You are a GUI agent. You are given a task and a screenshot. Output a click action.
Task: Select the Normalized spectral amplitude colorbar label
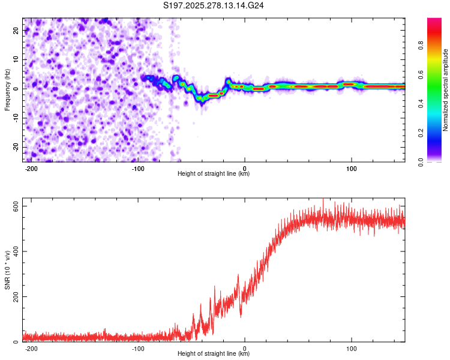(x=446, y=90)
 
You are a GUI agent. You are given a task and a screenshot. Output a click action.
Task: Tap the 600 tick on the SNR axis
(x=13, y=205)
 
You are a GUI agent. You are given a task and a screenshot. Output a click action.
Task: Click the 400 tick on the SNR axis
(x=13, y=251)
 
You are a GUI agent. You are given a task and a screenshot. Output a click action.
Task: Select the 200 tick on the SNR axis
(x=13, y=296)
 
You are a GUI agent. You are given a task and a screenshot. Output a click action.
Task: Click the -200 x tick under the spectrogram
(x=32, y=168)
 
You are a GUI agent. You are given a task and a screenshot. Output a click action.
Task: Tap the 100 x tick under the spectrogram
(x=352, y=168)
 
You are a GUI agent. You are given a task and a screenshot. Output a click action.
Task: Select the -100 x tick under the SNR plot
(x=138, y=348)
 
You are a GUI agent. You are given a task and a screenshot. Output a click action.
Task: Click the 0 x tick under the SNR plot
(x=245, y=348)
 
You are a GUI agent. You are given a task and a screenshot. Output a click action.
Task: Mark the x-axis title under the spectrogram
(x=214, y=174)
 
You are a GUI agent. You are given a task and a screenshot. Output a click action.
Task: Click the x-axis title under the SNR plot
(x=214, y=354)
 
